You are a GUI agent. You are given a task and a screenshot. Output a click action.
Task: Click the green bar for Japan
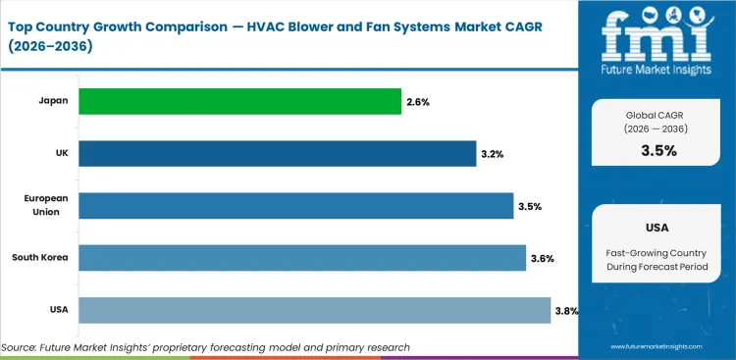point(239,101)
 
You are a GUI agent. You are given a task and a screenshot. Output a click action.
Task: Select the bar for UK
point(277,153)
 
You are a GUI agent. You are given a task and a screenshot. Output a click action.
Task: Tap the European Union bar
point(295,205)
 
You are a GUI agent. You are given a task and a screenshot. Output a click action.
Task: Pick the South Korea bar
point(301,258)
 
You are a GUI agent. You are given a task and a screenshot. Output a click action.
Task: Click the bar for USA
point(314,310)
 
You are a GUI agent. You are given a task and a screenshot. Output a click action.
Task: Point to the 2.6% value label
point(419,101)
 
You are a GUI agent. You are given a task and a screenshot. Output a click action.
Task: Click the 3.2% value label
point(494,154)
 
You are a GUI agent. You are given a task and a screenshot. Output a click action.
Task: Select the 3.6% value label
point(543,259)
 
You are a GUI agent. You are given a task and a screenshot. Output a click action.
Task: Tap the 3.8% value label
point(566,311)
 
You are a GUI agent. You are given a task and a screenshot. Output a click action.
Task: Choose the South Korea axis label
point(39,258)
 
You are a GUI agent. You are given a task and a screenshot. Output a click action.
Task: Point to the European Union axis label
point(45,205)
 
